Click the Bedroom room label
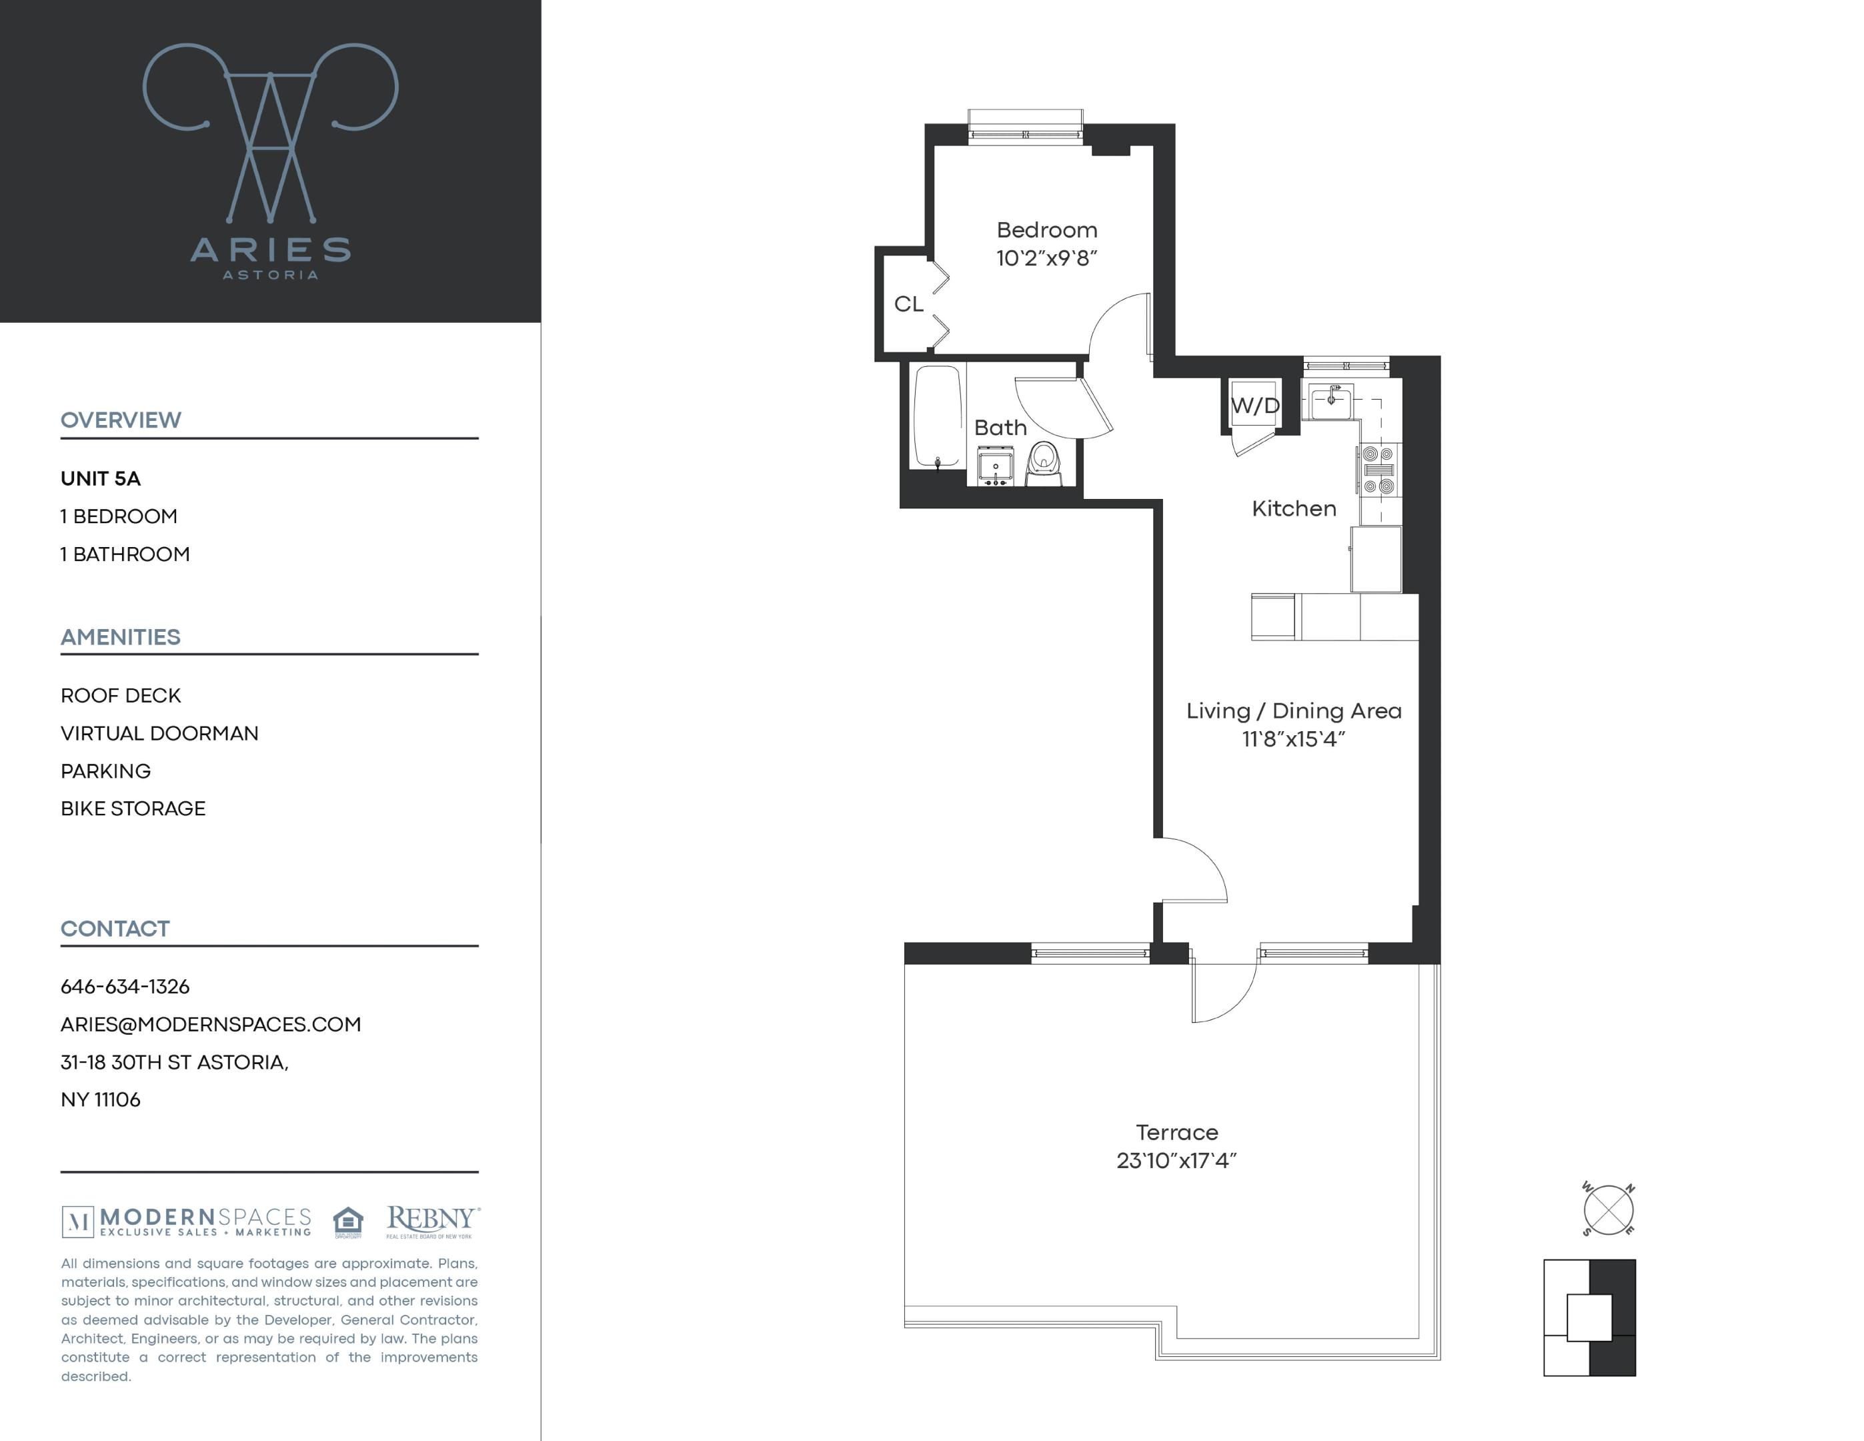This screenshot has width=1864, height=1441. coord(1046,230)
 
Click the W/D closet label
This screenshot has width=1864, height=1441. coord(1254,406)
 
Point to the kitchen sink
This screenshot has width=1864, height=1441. coord(1330,401)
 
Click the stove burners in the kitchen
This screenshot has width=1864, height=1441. coord(1378,470)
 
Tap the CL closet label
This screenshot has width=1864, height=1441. coord(908,304)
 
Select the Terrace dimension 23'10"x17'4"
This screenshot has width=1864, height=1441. coord(1176,1161)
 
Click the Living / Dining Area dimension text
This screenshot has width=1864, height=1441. coord(1293,739)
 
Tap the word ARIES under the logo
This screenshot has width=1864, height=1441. coord(269,250)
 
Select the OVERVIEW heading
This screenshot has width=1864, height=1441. coord(120,420)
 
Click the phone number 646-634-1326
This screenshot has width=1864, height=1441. coord(125,987)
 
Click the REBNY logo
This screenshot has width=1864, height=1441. coord(432,1221)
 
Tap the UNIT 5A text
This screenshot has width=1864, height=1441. coord(101,479)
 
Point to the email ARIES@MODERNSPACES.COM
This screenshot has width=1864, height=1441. coord(211,1025)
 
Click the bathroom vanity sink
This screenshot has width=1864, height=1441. coord(994,468)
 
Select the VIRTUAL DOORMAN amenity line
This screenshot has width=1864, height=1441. coord(159,733)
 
